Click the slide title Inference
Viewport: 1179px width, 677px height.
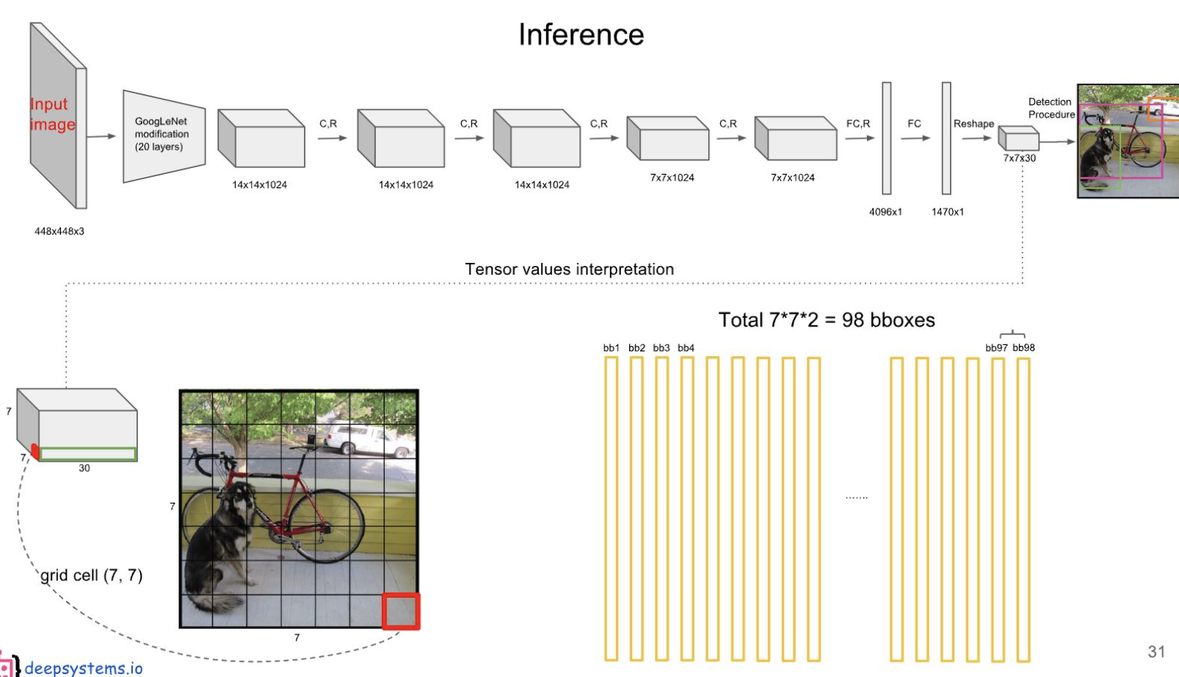581,35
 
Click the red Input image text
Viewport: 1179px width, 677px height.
51,115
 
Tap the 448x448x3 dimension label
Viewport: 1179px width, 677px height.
59,231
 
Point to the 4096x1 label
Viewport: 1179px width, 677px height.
885,212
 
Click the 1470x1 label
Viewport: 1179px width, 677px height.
948,212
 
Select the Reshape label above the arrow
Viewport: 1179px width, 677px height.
973,124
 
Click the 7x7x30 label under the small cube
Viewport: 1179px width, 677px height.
1020,158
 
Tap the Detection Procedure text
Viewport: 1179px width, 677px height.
1051,108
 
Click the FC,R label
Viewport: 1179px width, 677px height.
857,124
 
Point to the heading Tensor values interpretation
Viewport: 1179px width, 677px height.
569,269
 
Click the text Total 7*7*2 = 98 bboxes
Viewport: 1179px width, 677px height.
826,320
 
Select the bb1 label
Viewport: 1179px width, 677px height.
611,348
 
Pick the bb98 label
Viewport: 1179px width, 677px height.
1023,348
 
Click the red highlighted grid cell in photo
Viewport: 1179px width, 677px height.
401,611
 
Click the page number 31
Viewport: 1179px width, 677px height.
1156,651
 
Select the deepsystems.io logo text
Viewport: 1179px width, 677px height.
83,667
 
